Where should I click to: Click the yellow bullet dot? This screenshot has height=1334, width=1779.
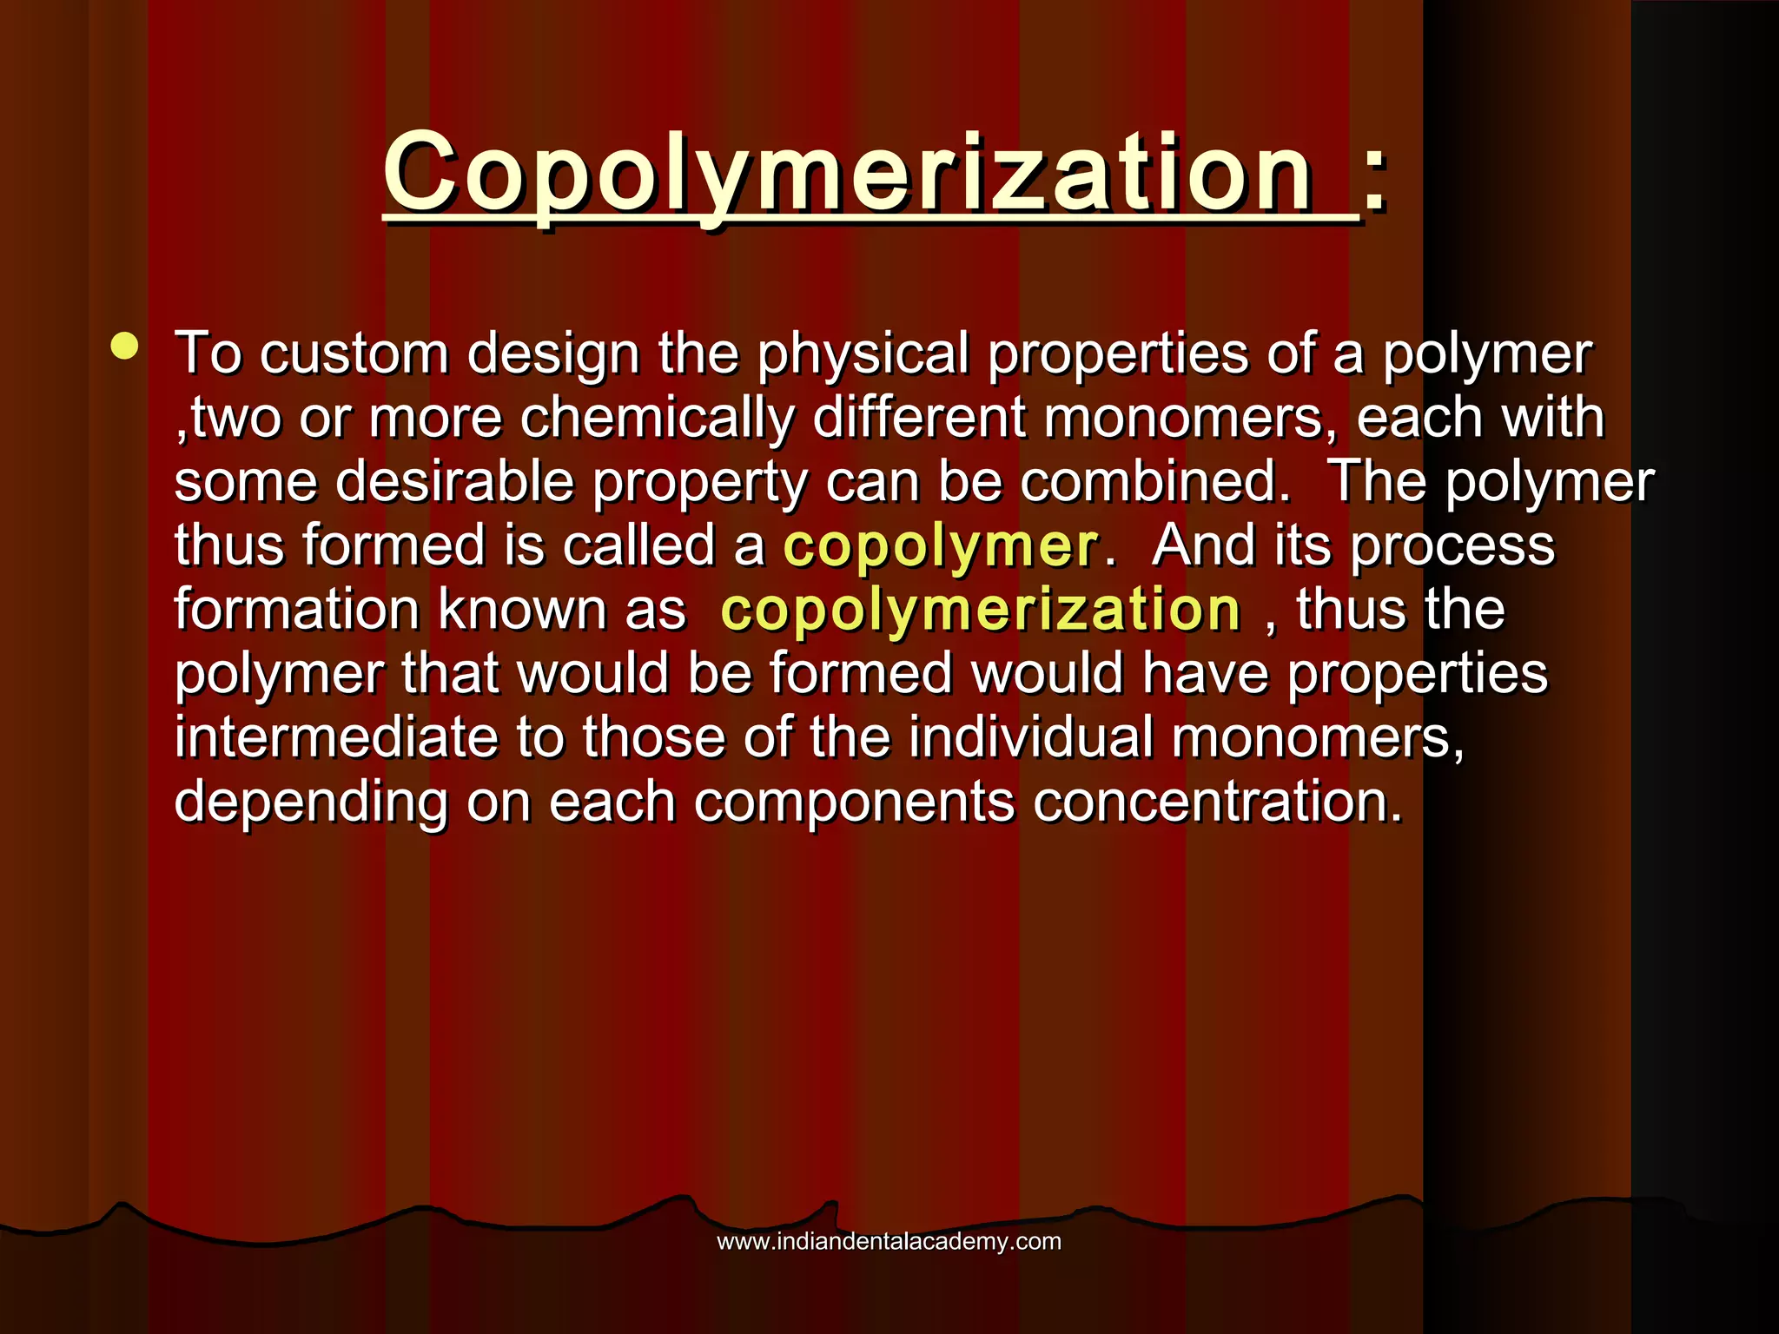point(125,346)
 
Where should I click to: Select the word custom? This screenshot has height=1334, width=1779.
point(354,354)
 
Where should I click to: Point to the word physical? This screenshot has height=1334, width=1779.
point(863,354)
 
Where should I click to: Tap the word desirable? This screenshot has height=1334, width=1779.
point(454,482)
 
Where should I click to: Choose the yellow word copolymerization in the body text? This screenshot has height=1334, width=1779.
point(981,610)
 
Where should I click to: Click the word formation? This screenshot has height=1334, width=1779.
point(297,610)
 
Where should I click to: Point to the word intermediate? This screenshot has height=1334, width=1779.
point(335,737)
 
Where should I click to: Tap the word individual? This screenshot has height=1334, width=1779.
point(1031,737)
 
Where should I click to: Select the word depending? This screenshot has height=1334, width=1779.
point(311,802)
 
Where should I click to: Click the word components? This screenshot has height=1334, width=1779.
point(854,802)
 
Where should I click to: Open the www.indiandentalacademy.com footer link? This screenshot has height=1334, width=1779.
point(889,1242)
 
